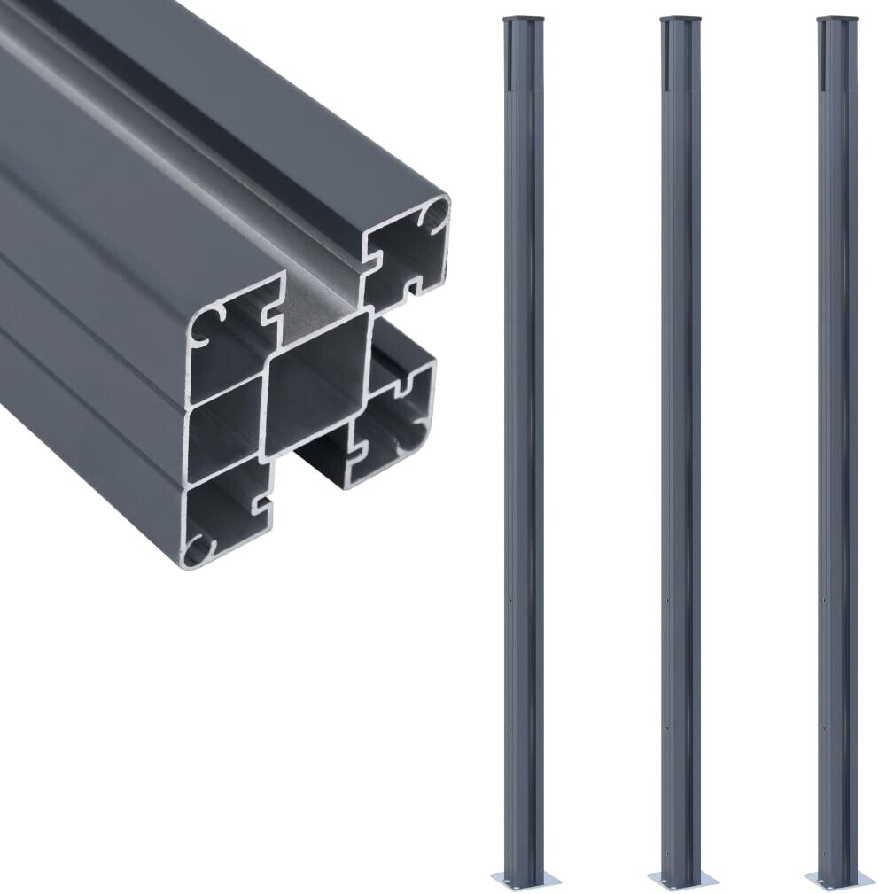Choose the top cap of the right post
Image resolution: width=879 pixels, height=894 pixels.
click(x=838, y=18)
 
